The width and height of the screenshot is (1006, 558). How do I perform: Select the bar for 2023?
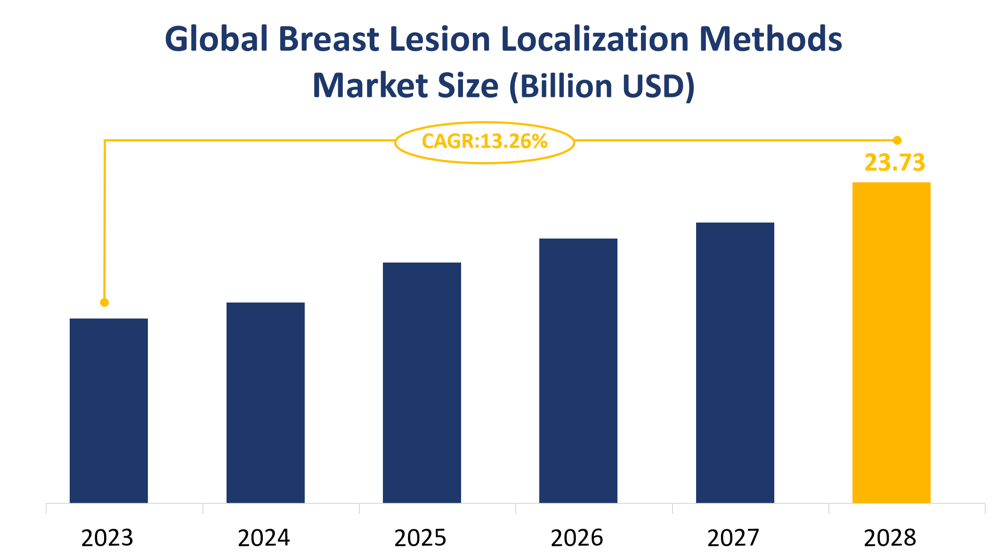point(109,410)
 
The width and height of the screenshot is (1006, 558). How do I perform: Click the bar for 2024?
point(265,402)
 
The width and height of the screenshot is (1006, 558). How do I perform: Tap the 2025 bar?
point(422,383)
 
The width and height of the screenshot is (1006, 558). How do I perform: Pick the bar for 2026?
point(578,370)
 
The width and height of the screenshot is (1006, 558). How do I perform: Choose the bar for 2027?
point(735,362)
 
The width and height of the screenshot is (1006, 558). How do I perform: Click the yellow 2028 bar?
point(891,342)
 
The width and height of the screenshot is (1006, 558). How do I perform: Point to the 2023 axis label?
point(107,538)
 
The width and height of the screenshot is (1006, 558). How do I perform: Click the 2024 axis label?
point(264,538)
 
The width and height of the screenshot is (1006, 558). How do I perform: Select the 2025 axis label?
point(420,538)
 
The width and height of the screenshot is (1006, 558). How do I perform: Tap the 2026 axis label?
point(577,538)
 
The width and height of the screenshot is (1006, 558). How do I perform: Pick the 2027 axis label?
point(733,538)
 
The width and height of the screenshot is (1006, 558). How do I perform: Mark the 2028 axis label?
point(890,538)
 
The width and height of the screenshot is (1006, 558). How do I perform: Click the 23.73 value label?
point(894,163)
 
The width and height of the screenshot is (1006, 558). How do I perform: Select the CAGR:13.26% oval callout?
point(484,142)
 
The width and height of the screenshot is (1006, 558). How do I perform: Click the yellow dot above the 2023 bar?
point(105,303)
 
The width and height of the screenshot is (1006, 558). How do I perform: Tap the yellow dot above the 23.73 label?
point(897,140)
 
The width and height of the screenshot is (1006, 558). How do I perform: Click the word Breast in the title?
point(329,39)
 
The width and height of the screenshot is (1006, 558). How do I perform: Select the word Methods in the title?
point(771,39)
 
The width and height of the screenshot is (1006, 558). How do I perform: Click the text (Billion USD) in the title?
point(602,86)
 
